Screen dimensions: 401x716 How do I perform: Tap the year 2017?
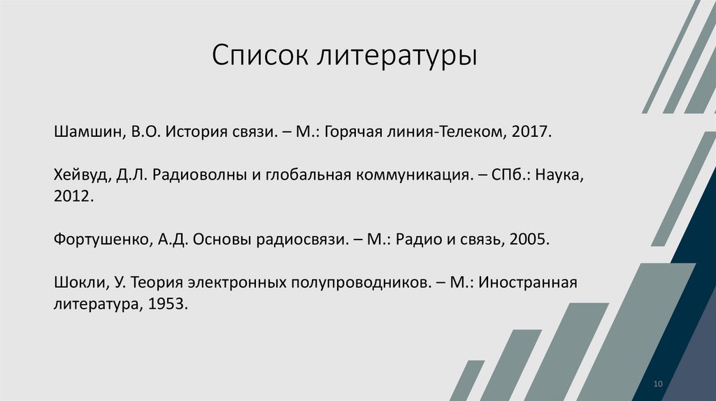coord(534,131)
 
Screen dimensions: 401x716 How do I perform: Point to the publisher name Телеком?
coord(469,131)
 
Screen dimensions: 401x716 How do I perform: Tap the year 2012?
coord(72,197)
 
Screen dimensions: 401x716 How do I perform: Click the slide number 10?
coord(657,384)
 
